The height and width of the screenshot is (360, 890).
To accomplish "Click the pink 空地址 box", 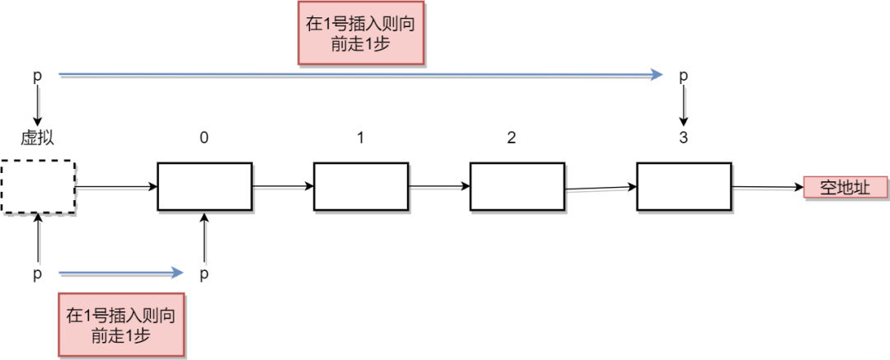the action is click(x=845, y=188).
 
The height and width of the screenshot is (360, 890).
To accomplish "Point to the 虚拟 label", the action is click(x=37, y=138).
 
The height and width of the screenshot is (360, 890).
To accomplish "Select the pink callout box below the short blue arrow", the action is click(x=121, y=325).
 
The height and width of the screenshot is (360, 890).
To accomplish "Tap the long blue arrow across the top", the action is click(x=360, y=74).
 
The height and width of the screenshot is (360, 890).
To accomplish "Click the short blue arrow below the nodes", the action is click(x=121, y=274).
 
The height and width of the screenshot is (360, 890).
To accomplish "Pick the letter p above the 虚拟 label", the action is click(x=37, y=76).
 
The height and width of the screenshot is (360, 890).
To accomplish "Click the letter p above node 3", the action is click(x=683, y=76).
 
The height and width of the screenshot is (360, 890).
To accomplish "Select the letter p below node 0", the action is click(x=204, y=275).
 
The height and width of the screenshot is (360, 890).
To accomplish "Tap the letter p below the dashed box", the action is click(x=37, y=275).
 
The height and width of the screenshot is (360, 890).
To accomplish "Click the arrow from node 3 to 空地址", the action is click(x=768, y=187).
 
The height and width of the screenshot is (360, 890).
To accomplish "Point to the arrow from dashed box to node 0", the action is click(x=116, y=187).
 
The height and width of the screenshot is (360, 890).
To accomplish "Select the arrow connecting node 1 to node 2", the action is click(x=439, y=186).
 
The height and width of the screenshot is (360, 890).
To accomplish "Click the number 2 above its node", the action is click(x=512, y=138).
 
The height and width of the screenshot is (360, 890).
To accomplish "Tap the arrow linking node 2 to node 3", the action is click(x=601, y=188).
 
